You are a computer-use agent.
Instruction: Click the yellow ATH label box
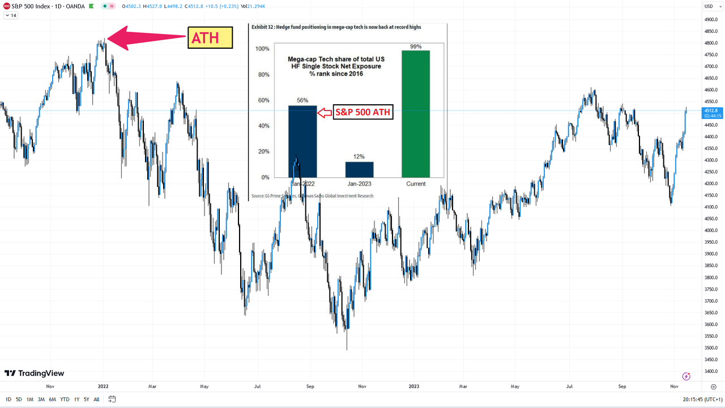210,37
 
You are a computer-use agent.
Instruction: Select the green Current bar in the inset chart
415,113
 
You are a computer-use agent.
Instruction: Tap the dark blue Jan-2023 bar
359,169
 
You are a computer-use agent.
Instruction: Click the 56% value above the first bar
302,100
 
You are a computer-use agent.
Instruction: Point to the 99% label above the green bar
416,46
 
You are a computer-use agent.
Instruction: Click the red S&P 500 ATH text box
362,112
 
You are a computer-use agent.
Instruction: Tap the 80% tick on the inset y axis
262,75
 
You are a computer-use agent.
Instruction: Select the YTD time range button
65,399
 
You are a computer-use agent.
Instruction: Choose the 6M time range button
52,399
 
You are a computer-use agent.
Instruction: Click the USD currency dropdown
709,6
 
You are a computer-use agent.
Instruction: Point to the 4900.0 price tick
711,20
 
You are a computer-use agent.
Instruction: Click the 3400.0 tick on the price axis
711,372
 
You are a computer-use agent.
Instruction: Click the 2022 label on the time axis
103,386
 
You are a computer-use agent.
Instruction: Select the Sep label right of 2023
622,386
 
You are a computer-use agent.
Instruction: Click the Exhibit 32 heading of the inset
336,27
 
